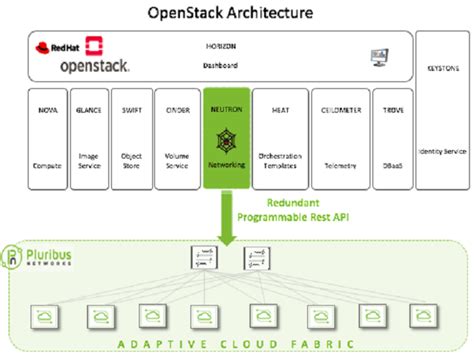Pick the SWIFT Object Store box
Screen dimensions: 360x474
pyautogui.click(x=130, y=138)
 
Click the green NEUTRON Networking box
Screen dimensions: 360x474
pyautogui.click(x=226, y=138)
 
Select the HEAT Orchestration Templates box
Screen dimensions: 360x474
pyautogui.click(x=279, y=138)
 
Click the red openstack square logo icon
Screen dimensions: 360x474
pyautogui.click(x=96, y=46)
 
